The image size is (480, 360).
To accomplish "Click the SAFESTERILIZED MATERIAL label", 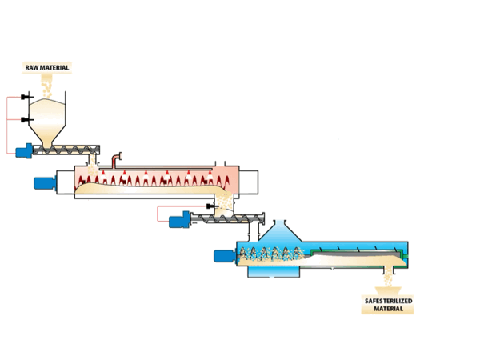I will coord(388,305).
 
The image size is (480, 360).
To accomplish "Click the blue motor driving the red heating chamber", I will coord(42,182).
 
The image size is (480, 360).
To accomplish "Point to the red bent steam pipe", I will coord(117,160).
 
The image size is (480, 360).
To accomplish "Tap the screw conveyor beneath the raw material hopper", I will coord(72,149).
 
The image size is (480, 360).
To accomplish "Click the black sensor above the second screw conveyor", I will coord(210,206).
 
